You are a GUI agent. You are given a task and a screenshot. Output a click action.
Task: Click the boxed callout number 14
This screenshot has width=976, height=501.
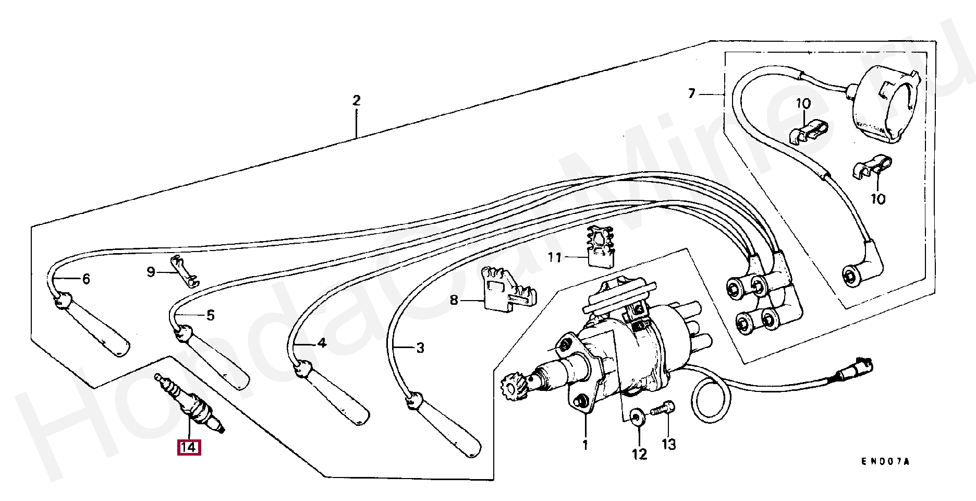click(189, 448)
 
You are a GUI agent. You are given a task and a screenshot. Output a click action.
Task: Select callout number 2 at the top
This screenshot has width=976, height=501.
click(356, 100)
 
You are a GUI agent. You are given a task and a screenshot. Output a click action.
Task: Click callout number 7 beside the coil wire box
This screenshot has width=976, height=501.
click(692, 94)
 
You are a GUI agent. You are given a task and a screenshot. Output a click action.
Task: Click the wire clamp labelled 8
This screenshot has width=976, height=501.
click(505, 295)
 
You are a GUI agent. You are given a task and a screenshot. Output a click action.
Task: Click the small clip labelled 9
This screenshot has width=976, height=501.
click(185, 272)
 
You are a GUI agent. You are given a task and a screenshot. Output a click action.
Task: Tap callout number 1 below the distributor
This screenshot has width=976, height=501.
click(585, 445)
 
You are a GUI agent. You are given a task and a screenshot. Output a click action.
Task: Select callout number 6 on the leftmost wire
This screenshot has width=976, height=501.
click(86, 279)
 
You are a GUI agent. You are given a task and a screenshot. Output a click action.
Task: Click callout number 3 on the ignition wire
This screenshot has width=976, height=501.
click(420, 348)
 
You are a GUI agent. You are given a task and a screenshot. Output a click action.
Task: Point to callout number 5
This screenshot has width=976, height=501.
click(210, 315)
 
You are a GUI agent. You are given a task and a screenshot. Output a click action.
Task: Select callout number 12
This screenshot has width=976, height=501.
click(640, 454)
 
